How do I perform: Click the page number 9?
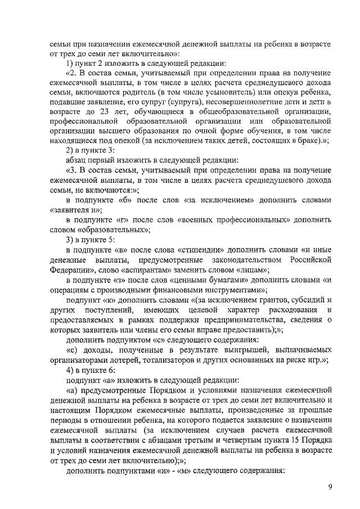pos(330,487)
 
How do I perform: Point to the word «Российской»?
pos(310,259)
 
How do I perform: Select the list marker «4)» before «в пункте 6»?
pos(70,367)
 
